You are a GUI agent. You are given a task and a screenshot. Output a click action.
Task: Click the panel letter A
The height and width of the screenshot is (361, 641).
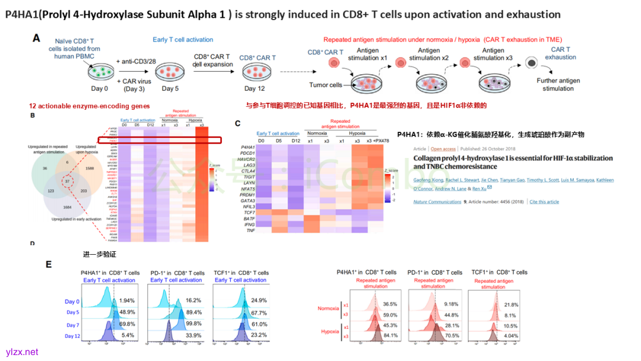[36, 38]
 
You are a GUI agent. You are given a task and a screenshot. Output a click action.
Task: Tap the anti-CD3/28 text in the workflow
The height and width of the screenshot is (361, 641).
[137, 61]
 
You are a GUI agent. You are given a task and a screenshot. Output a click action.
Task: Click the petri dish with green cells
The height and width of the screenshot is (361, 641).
[99, 74]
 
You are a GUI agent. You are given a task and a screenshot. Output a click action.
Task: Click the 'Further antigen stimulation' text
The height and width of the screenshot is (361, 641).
[558, 84]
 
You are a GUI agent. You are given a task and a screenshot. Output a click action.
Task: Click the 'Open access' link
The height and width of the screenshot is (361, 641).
[443, 149]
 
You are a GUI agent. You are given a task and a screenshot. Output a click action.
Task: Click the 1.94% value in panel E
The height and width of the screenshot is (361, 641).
[126, 302]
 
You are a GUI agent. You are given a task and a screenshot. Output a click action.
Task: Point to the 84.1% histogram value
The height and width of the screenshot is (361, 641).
[389, 336]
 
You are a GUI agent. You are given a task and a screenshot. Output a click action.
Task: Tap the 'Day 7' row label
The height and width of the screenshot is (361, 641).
[72, 325]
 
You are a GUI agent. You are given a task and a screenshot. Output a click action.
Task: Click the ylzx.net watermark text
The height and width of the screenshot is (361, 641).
[22, 352]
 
